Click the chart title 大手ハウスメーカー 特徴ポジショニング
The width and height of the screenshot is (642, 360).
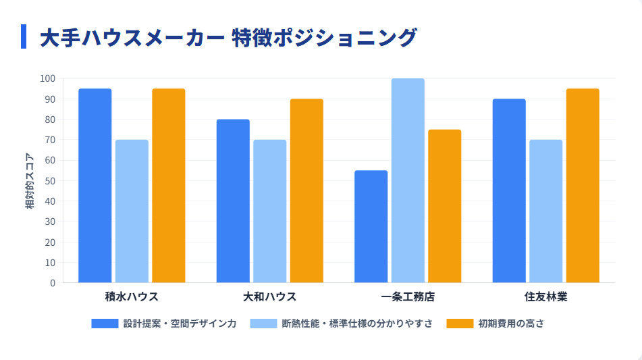click(x=228, y=37)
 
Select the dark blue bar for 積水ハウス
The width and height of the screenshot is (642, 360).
click(x=95, y=186)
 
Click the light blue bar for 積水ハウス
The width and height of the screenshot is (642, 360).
click(x=132, y=211)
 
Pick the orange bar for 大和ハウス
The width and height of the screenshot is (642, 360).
click(x=306, y=190)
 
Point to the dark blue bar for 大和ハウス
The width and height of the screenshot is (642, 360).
click(x=233, y=201)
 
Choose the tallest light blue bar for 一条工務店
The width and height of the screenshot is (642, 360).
click(x=408, y=180)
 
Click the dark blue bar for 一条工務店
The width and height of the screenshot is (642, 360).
click(x=371, y=226)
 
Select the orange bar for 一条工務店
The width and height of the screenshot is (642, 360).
click(x=444, y=206)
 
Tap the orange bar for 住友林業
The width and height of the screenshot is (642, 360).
click(x=583, y=186)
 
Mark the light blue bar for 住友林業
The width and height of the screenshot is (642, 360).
click(x=545, y=211)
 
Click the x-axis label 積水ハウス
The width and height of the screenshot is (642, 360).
click(x=132, y=297)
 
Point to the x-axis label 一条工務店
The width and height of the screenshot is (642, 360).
click(x=408, y=297)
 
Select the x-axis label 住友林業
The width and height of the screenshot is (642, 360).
click(x=545, y=297)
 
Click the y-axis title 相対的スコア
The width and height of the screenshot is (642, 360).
click(x=30, y=180)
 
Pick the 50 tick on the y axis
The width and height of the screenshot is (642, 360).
click(x=50, y=180)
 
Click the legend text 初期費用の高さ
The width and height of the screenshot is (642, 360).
click(x=511, y=324)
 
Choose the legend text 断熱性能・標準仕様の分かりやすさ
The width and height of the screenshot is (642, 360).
click(x=357, y=324)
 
